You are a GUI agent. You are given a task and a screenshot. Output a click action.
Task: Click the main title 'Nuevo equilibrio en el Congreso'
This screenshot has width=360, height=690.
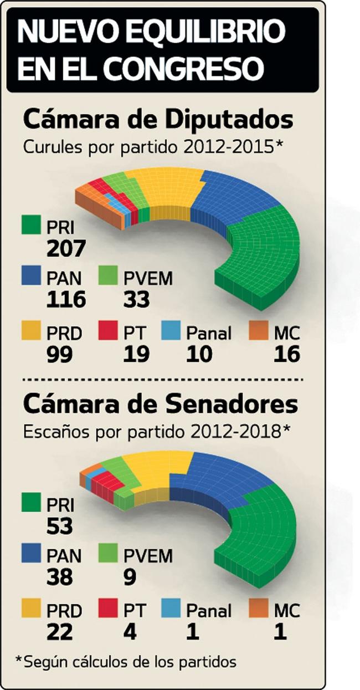point(161,50)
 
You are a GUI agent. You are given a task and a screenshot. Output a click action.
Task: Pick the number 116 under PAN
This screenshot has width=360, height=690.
point(66,300)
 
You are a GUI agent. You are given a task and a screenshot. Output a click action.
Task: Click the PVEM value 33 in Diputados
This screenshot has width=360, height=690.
point(136,300)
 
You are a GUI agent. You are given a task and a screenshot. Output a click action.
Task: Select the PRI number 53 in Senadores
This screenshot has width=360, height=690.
point(59,527)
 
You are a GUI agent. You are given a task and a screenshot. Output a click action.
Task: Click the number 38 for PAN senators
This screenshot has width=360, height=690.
point(59,577)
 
